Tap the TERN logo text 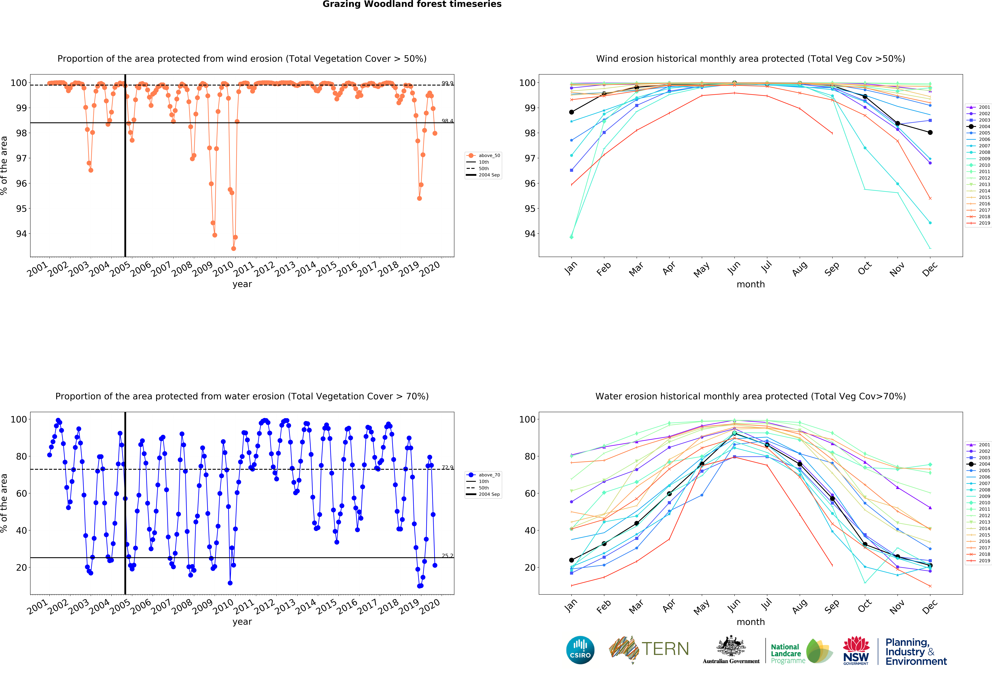pos(665,649)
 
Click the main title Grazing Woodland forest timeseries pos(412,4)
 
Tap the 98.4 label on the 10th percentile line pos(447,121)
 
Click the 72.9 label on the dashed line pos(447,467)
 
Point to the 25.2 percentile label pos(447,556)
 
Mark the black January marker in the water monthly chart pos(572,560)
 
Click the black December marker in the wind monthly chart pos(930,132)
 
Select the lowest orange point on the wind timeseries pos(233,248)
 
